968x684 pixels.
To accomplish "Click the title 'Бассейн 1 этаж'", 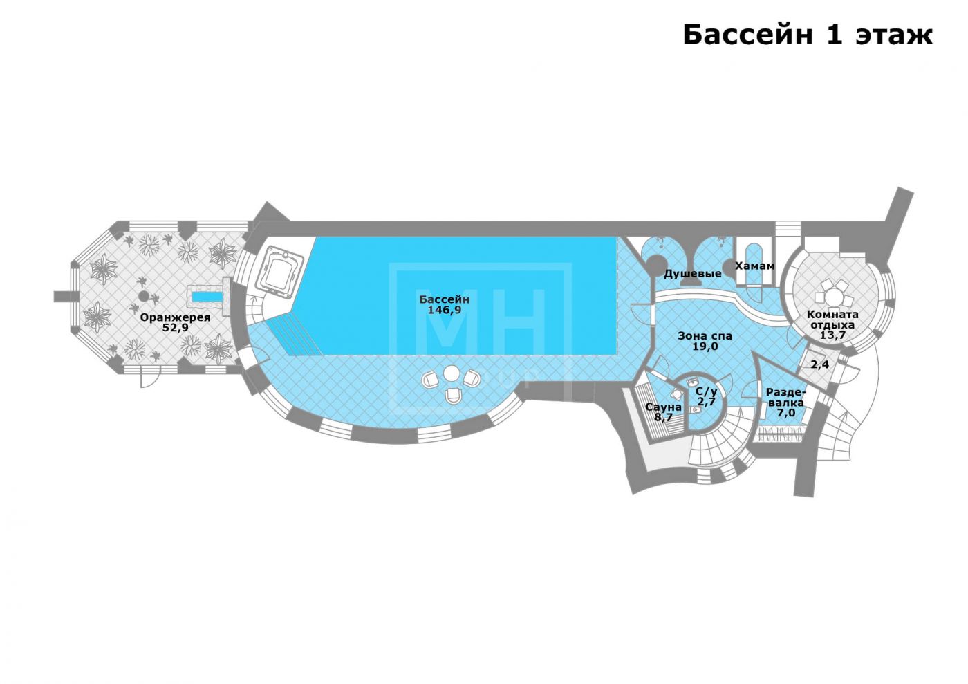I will [807, 34].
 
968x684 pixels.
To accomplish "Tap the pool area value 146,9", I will [444, 311].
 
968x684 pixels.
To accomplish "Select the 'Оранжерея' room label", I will [175, 317].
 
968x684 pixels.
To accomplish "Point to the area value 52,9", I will [175, 328].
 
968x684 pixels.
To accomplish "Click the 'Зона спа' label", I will [704, 336].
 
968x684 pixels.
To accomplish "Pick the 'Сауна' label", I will [663, 407].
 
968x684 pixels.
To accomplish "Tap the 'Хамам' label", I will [754, 266].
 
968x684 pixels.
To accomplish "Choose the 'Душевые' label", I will [692, 274].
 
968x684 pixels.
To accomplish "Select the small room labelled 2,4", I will [819, 365].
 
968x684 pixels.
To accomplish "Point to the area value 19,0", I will [704, 346].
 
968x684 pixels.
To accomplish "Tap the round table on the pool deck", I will [451, 373].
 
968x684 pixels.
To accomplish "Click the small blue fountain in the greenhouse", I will [207, 297].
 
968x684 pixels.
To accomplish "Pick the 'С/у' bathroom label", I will [706, 391].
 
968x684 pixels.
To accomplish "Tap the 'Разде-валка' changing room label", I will [785, 397].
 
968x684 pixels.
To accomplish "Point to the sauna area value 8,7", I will [663, 418].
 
